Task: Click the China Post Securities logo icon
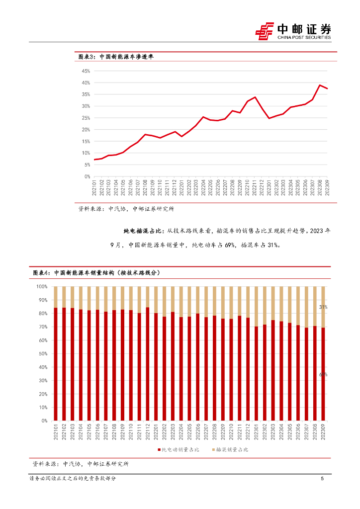pos(265,31)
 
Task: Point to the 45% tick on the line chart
pos(86,71)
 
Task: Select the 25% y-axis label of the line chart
pos(86,118)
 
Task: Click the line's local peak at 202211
pos(255,97)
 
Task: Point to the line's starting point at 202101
pos(94,160)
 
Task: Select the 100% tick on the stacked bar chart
pos(42,287)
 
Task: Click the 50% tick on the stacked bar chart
pos(43,354)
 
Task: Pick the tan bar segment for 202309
pos(324,307)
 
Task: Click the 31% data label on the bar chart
pos(323,308)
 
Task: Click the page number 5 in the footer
pos(322,479)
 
